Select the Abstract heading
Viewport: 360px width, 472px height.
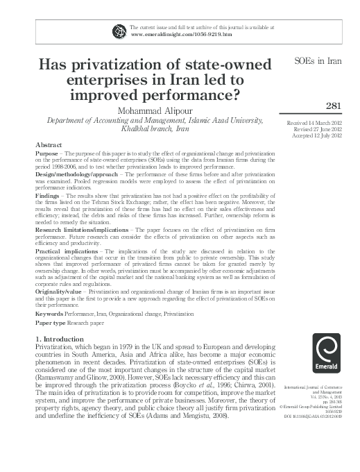[x=49, y=144]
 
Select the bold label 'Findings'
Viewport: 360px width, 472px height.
[x=49, y=197]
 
